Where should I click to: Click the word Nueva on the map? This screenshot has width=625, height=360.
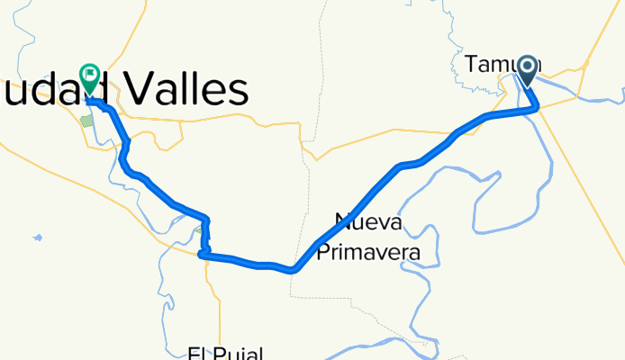point(368,220)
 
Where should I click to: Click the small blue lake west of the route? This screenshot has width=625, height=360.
point(37,238)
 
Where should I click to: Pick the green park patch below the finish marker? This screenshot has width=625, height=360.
point(87,119)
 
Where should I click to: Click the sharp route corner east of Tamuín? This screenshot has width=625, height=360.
point(538,108)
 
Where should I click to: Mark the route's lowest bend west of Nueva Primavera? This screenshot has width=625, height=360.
point(293,269)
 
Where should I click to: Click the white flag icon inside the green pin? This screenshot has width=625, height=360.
point(91,75)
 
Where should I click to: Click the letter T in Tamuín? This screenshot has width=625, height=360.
point(472,64)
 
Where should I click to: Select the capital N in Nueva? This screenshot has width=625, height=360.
point(342,220)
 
